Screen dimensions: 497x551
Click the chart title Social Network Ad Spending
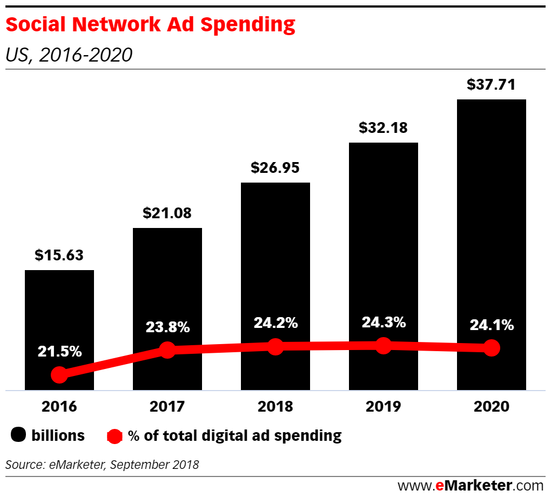pyautogui.click(x=151, y=25)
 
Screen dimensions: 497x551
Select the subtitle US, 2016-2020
pyautogui.click(x=69, y=55)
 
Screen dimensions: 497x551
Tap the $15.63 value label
pyautogui.click(x=59, y=255)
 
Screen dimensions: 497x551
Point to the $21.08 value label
pyautogui.click(x=167, y=213)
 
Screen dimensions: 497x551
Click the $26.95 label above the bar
pyautogui.click(x=275, y=167)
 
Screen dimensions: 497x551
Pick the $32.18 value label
pyautogui.click(x=383, y=127)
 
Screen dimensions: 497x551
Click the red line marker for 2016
pyautogui.click(x=59, y=374)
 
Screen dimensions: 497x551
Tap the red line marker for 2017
pyautogui.click(x=167, y=350)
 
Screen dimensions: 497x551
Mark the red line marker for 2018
pyautogui.click(x=275, y=347)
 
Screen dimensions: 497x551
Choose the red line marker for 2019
pyautogui.click(x=383, y=345)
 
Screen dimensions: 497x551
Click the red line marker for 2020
pyautogui.click(x=491, y=348)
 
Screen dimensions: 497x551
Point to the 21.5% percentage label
pyautogui.click(x=59, y=351)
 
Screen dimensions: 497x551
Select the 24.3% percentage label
pyautogui.click(x=383, y=323)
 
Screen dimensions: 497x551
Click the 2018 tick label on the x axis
pyautogui.click(x=275, y=406)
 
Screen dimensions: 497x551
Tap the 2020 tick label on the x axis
pyautogui.click(x=491, y=406)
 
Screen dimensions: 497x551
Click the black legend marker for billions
pyautogui.click(x=18, y=435)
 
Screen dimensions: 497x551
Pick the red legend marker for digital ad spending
pyautogui.click(x=115, y=435)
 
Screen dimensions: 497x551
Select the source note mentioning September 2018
pyautogui.click(x=102, y=464)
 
